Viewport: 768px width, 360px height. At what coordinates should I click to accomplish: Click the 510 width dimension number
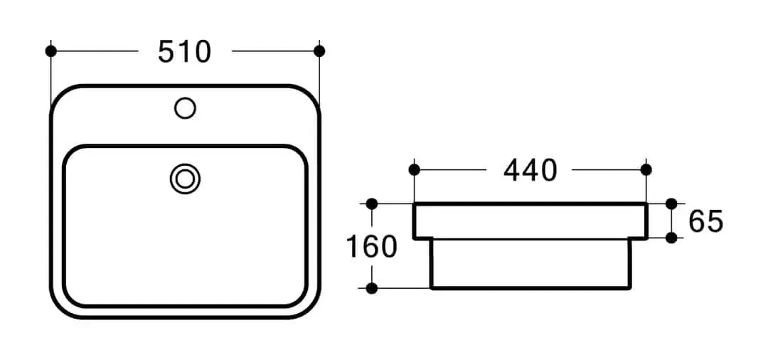[185, 52]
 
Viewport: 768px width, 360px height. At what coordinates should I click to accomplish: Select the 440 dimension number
[530, 170]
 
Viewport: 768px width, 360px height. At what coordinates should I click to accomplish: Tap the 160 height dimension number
[371, 247]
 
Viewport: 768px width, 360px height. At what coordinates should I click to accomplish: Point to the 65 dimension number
[705, 222]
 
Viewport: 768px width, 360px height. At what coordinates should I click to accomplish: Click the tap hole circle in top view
[185, 108]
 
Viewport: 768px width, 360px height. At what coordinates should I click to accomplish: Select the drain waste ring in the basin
[185, 178]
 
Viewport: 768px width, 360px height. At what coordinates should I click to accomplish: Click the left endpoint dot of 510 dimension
[50, 51]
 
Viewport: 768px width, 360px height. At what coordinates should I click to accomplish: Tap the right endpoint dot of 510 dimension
[319, 51]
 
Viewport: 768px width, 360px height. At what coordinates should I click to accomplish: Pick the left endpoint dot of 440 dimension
[415, 169]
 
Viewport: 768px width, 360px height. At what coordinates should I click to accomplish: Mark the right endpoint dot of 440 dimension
[646, 169]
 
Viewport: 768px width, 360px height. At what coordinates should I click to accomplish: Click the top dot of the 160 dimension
[371, 203]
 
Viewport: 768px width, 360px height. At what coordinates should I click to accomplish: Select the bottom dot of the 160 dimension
[371, 288]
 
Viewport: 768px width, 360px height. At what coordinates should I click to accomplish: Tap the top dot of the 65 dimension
[671, 203]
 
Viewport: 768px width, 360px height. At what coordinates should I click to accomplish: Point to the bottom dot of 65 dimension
[671, 238]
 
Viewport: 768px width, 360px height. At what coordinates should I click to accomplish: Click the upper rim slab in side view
[530, 221]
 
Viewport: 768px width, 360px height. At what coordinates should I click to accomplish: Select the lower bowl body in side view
[530, 264]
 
